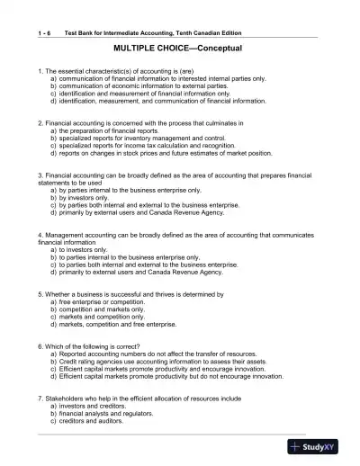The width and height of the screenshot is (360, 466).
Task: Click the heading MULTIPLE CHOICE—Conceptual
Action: coord(180,45)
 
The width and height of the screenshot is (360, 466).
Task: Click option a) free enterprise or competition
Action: coord(104,301)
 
